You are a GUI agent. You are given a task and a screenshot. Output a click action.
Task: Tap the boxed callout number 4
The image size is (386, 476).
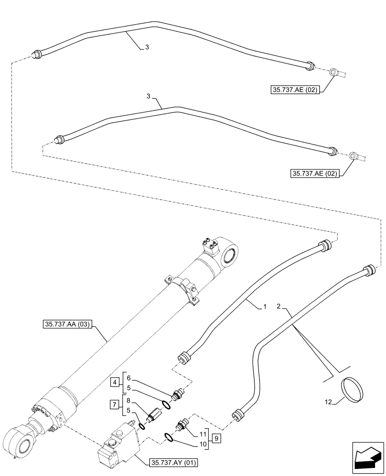tap(116, 381)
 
